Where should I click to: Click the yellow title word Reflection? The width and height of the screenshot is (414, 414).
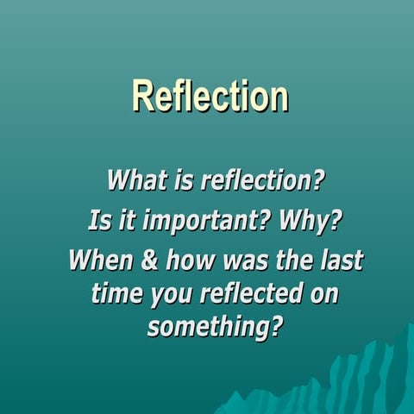210,97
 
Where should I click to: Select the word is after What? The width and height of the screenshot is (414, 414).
183,182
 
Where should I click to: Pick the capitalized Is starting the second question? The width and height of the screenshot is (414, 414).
100,221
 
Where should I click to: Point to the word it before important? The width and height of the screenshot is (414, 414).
128,221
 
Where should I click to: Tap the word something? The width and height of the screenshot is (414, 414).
215,329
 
